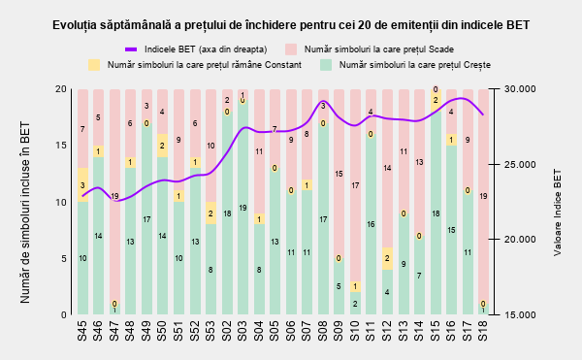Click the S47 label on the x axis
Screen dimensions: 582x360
114,331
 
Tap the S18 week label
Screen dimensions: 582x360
483,331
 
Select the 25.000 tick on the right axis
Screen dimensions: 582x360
520,164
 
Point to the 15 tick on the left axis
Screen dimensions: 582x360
61,146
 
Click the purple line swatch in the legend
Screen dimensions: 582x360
131,49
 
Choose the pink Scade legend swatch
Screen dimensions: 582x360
291,49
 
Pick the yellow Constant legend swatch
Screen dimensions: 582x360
94,65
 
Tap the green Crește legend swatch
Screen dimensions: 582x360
326,65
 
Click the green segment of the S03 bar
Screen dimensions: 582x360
242,208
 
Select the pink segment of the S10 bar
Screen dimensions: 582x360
355,185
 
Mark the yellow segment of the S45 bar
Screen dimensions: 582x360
82,184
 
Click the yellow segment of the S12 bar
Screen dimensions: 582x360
387,258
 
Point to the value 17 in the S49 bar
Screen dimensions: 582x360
146,219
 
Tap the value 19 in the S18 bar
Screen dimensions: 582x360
483,196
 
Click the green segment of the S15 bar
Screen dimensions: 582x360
436,213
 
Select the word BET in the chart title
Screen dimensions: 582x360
519,25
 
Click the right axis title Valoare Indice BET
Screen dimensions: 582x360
557,213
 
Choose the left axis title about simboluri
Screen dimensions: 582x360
25,213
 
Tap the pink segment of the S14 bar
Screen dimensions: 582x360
419,163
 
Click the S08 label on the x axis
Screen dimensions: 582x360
323,331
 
